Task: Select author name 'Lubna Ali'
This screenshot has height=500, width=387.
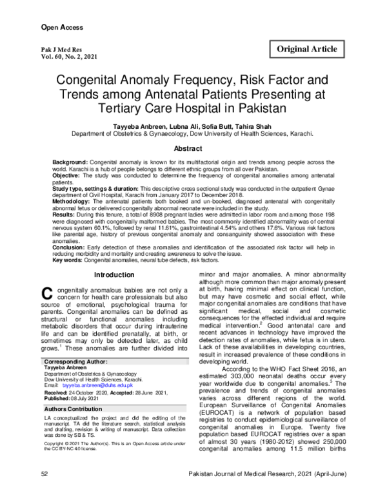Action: [170, 126]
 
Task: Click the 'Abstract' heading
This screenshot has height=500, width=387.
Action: [193, 148]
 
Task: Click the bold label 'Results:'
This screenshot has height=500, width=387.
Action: [64, 221]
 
